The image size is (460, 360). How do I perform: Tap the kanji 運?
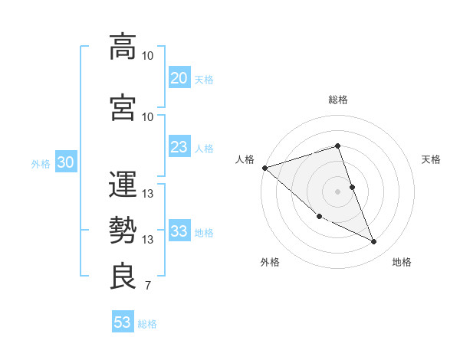point(123,184)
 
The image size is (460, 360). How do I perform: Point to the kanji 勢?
point(123,230)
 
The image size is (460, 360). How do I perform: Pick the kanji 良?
point(123,276)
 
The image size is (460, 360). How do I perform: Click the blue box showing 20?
point(179,78)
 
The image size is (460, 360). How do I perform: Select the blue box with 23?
point(179,147)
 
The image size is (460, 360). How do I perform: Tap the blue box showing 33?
point(179,231)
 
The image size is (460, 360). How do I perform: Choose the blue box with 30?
point(65,163)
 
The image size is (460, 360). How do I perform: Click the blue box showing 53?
point(123,322)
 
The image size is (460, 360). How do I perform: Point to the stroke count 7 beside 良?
point(148,286)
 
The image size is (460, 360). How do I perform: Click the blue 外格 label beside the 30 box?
point(41,164)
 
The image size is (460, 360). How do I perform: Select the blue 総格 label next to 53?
point(147,324)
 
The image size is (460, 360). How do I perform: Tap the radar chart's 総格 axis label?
point(337,100)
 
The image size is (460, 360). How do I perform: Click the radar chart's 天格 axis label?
point(432,159)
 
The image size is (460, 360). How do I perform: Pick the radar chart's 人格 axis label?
point(245,159)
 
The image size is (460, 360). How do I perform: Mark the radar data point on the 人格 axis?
point(264,168)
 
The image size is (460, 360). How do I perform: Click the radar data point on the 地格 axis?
point(374,242)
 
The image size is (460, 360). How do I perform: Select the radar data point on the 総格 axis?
point(337,146)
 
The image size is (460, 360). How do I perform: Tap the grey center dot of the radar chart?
point(337,191)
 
